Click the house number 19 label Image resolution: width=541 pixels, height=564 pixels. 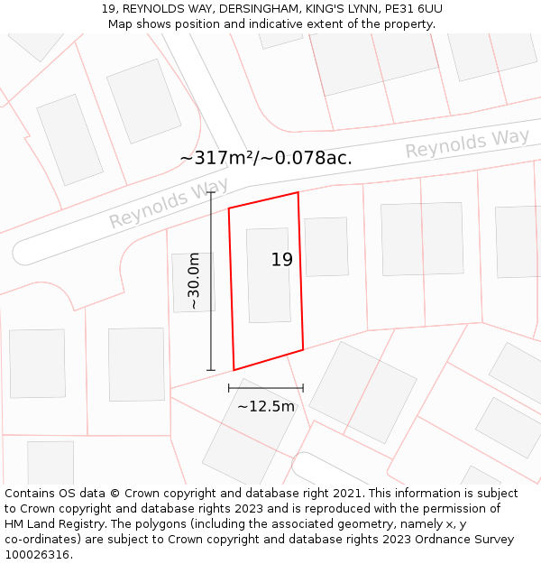282,260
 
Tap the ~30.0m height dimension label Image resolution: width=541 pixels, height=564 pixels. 194,282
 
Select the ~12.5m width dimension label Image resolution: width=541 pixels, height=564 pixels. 266,406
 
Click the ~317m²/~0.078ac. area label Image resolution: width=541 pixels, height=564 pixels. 266,158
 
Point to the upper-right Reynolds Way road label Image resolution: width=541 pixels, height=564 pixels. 467,143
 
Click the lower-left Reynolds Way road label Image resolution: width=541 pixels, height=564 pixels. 169,203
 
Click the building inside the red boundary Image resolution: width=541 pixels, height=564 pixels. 269,275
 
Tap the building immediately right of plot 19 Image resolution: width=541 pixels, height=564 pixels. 326,246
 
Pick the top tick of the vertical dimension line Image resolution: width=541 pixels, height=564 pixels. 211,191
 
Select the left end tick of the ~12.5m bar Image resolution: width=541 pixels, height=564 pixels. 229,387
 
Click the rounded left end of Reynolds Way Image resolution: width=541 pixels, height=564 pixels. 23,252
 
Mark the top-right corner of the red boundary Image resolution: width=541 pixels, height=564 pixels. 298,192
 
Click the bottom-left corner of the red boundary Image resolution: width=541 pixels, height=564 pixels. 234,370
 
